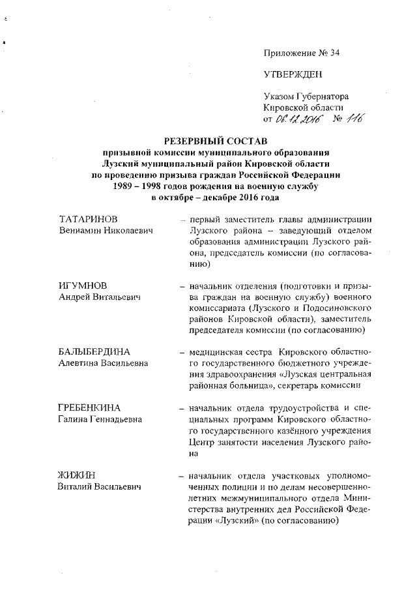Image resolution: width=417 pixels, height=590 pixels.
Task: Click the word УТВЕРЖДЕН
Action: click(293, 74)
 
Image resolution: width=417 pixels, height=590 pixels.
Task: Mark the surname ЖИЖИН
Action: click(75, 475)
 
